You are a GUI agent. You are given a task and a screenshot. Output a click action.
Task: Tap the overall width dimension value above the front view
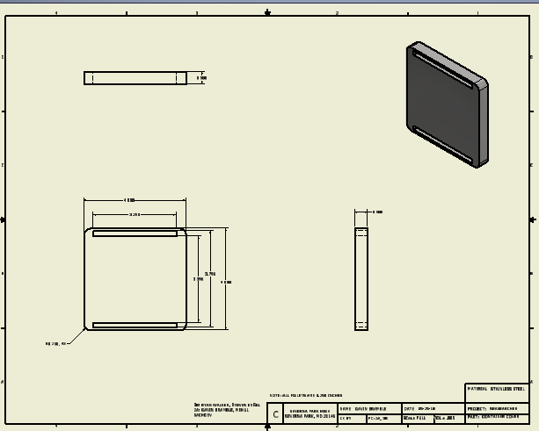pyautogui.click(x=130, y=200)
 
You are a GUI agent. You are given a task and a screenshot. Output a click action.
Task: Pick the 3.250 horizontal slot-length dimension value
pyautogui.click(x=135, y=214)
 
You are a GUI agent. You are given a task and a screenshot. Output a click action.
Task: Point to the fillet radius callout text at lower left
pyautogui.click(x=55, y=344)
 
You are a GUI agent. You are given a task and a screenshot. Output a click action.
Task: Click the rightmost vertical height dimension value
pyautogui.click(x=226, y=283)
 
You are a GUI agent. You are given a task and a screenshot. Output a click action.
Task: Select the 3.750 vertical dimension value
pyautogui.click(x=210, y=274)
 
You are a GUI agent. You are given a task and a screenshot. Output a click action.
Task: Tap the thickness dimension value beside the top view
pyautogui.click(x=201, y=78)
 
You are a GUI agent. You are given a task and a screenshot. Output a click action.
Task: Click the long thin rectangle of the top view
pyautogui.click(x=135, y=78)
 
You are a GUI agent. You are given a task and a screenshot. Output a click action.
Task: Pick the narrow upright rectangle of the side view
pyautogui.click(x=361, y=279)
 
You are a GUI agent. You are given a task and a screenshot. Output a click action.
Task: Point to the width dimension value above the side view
pyautogui.click(x=377, y=212)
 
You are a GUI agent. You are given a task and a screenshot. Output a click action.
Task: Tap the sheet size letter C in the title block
pyautogui.click(x=276, y=414)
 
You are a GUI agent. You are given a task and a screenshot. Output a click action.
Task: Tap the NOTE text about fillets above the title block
pyautogui.click(x=306, y=396)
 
